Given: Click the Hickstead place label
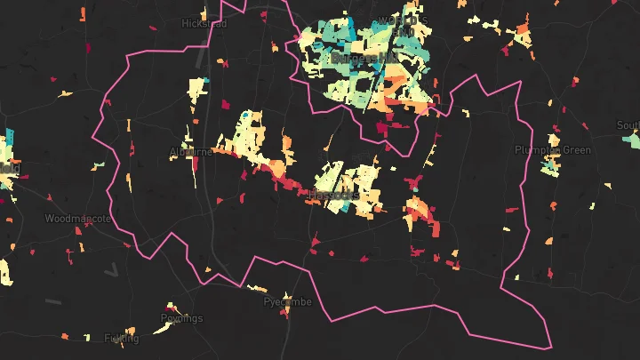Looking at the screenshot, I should [x=204, y=23].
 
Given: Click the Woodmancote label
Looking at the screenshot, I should [x=78, y=218].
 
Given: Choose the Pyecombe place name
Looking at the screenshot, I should [x=287, y=302].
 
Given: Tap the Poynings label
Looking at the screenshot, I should [x=181, y=318].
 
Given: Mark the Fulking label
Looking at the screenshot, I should [x=121, y=338].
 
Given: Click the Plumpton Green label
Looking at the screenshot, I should [x=553, y=150].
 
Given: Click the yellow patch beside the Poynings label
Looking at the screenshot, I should [x=162, y=327].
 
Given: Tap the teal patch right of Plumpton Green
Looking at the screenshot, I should [x=631, y=140].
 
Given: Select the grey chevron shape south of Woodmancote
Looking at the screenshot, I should [x=111, y=269].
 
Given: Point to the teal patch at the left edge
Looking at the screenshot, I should [x=9, y=142].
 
